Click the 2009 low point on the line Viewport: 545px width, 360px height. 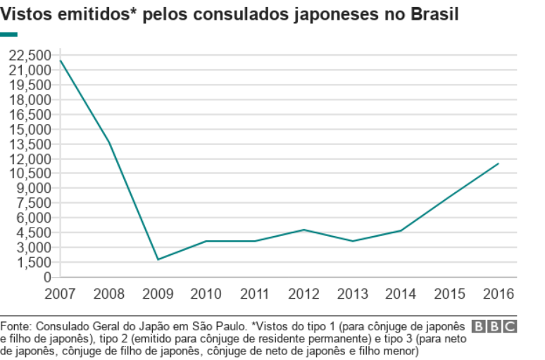158,259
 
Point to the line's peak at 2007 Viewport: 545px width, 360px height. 61,61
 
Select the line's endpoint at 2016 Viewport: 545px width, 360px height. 499,163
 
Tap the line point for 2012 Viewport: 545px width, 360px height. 304,230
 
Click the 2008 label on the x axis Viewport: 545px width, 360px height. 108,292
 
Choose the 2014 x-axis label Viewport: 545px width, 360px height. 401,292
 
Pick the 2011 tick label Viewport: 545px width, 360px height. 255,292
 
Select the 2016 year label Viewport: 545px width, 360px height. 499,292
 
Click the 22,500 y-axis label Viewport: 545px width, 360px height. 31,56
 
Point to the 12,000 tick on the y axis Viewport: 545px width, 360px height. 31,159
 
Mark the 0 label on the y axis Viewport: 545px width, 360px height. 47,277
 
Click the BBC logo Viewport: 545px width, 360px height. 495,326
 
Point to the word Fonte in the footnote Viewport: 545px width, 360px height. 15,326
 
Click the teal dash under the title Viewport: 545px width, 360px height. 8,34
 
